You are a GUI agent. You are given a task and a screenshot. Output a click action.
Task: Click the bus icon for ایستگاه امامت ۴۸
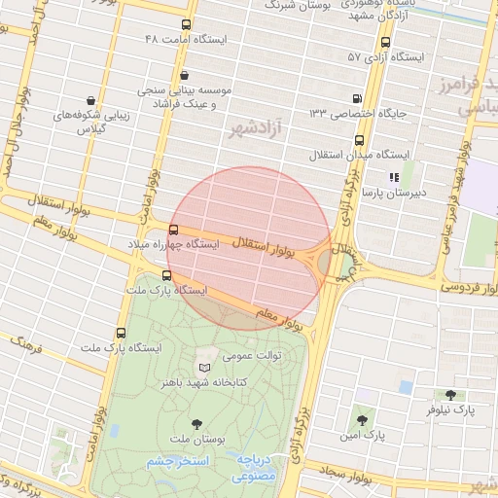click(x=186, y=24)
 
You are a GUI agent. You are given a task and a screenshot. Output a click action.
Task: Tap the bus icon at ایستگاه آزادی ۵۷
click(x=386, y=42)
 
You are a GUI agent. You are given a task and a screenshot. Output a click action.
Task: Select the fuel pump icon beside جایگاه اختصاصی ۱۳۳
click(x=358, y=97)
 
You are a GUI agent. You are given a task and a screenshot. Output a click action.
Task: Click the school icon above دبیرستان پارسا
click(x=394, y=177)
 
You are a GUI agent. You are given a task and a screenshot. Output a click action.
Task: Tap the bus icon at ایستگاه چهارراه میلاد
click(x=173, y=231)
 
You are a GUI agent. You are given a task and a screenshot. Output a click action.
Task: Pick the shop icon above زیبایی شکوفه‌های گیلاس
click(x=90, y=100)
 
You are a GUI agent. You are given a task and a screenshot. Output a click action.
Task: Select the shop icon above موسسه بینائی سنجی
click(x=185, y=74)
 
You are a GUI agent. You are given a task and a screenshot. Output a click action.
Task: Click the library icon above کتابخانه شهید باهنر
click(x=203, y=368)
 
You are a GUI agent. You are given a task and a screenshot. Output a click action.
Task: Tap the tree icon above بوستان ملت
click(x=197, y=423)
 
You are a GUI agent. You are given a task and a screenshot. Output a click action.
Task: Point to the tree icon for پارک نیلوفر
click(x=449, y=395)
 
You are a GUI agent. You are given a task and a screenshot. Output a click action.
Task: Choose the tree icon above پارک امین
click(x=362, y=420)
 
